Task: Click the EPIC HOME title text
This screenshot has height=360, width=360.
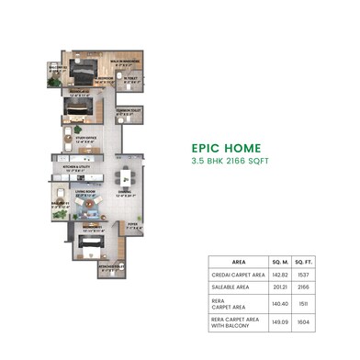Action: pos(225,147)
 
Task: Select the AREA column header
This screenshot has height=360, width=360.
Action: pos(237,260)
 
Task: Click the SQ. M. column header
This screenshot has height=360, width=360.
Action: pos(282,260)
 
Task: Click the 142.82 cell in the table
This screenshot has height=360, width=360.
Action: pos(282,274)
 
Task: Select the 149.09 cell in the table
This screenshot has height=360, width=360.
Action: pos(282,321)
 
